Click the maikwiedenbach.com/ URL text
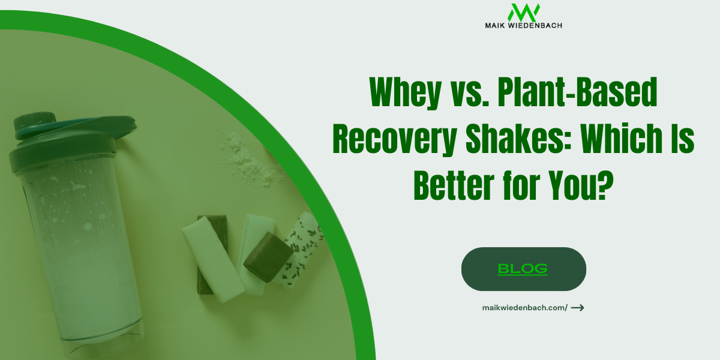524,308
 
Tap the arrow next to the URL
577,308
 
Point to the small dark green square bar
268,259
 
